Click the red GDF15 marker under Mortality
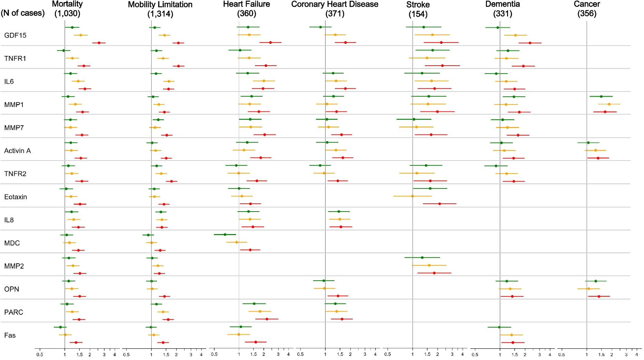(99, 43)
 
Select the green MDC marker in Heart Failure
(225, 234)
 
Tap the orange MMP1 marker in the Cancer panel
(609, 104)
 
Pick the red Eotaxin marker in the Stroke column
(439, 204)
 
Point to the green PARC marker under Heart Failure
(254, 304)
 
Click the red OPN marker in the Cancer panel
(599, 296)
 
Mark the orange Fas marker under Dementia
(511, 335)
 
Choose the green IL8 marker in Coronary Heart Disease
(339, 212)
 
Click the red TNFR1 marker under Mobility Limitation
(178, 66)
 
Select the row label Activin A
(17, 151)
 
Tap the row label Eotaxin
(16, 197)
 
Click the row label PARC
(13, 312)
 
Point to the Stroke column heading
(418, 4)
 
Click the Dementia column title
(502, 4)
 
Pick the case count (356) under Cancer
(587, 13)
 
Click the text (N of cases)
(23, 13)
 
